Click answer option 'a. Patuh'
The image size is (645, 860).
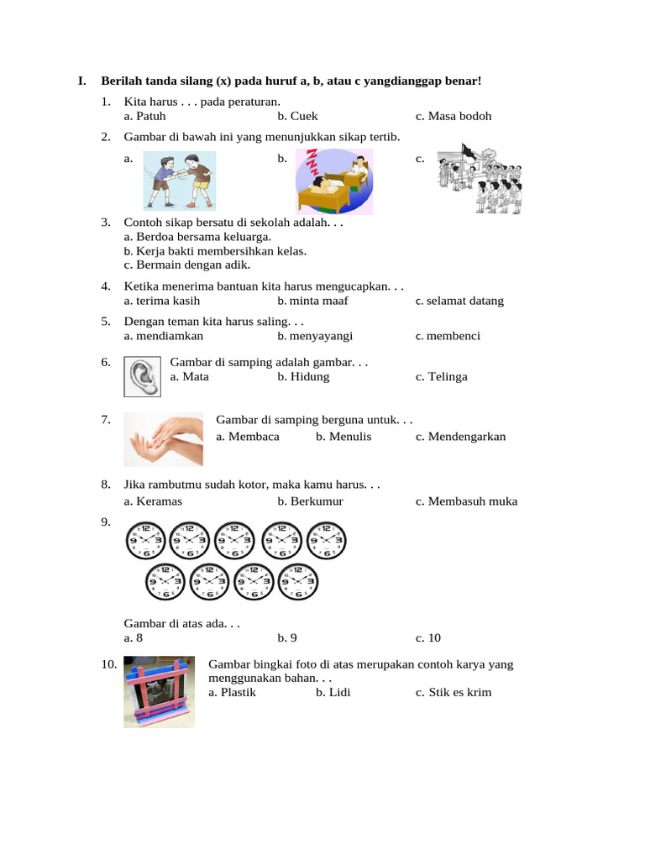click(144, 116)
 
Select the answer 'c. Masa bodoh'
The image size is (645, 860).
click(453, 116)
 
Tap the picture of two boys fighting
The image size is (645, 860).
click(179, 180)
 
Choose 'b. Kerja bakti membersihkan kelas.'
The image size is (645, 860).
click(215, 250)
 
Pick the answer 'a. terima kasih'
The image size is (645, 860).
click(161, 301)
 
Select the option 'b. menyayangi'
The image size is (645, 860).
click(315, 336)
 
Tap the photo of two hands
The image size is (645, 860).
click(163, 438)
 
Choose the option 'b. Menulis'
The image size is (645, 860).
click(343, 436)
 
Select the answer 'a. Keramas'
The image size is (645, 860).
click(153, 501)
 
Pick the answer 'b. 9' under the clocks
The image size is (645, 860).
click(287, 637)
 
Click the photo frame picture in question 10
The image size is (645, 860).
click(160, 690)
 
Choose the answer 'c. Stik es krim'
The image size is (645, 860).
click(453, 692)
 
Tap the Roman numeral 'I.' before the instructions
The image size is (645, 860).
click(82, 81)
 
